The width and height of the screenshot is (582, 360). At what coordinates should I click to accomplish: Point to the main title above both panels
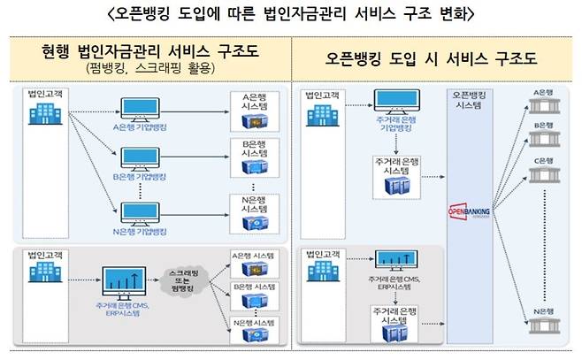point(291,13)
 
